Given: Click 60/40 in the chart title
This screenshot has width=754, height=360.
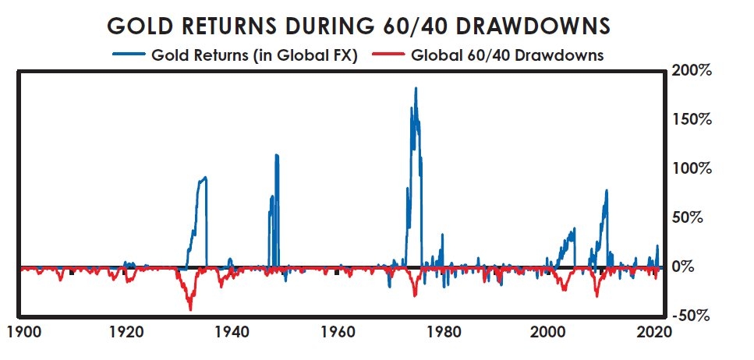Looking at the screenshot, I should (x=419, y=26).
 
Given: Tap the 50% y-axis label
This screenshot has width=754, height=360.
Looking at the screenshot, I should (x=693, y=217).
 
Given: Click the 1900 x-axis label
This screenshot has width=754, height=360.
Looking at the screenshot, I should (x=21, y=330).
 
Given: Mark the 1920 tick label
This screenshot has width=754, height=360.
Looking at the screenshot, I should (x=126, y=330).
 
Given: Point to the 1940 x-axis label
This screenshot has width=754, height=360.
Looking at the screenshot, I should (x=232, y=330).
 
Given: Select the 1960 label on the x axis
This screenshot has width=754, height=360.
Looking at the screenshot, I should (x=337, y=330).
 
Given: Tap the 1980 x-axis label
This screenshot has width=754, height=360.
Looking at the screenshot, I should (x=442, y=330).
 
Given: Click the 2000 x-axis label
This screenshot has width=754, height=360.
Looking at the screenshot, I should (x=547, y=330).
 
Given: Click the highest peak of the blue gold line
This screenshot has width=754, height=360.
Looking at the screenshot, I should (x=416, y=88).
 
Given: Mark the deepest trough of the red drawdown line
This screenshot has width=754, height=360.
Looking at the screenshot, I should (x=190, y=309).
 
